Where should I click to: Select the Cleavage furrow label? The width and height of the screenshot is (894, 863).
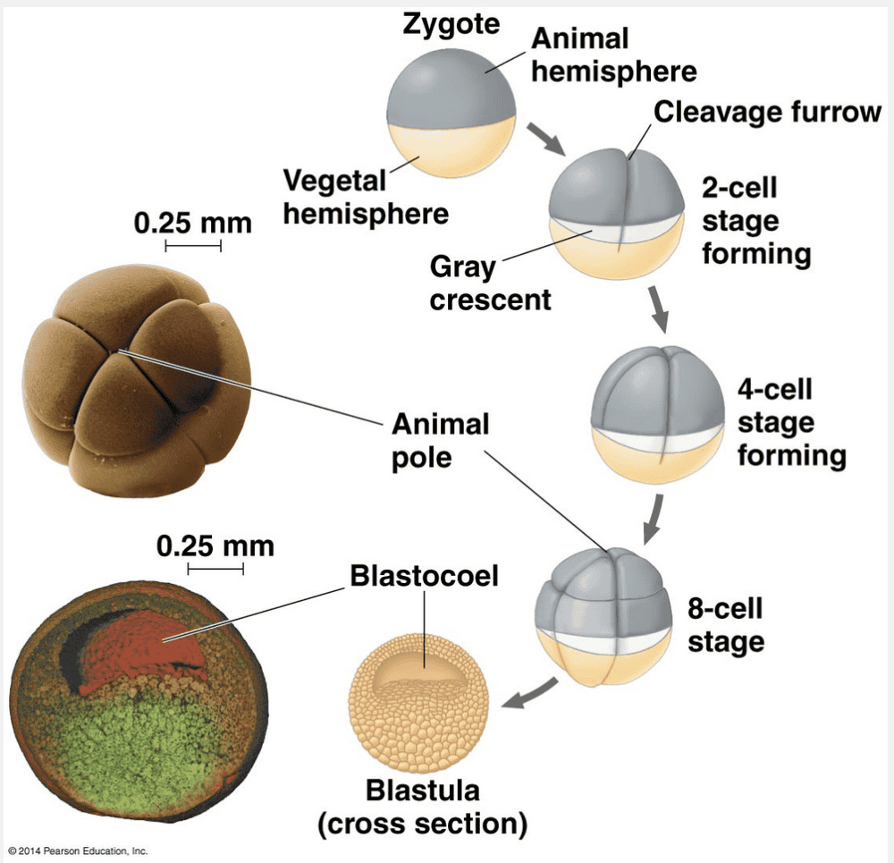coord(767,112)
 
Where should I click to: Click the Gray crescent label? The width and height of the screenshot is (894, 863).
coord(490,283)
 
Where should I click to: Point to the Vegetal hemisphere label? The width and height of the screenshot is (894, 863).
coord(366,198)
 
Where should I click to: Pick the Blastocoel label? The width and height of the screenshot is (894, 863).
coord(424,575)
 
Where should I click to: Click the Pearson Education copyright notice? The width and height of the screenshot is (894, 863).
coord(78,850)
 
